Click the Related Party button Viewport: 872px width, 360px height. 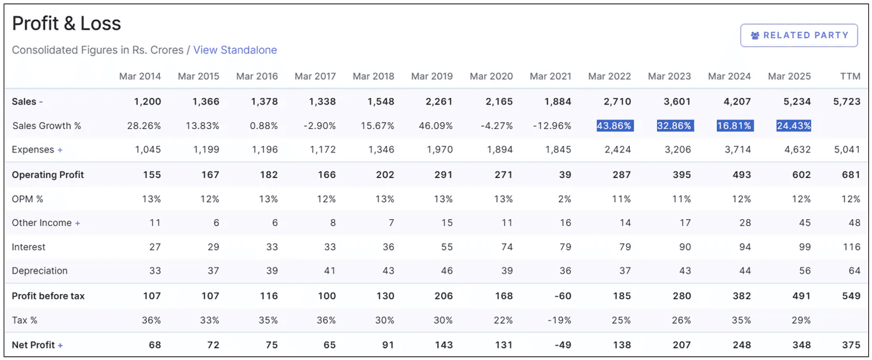[799, 36]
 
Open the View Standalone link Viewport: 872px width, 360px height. [235, 50]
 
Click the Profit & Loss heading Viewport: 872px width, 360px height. [67, 24]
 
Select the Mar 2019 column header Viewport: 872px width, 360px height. [432, 76]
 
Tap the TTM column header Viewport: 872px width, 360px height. [850, 76]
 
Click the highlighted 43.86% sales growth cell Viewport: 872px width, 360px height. [614, 126]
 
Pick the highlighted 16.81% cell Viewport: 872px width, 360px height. [734, 126]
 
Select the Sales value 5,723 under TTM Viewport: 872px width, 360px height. [846, 102]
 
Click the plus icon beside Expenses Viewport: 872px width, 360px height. [60, 150]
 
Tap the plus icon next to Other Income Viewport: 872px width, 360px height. [78, 223]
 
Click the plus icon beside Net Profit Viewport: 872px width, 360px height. [60, 345]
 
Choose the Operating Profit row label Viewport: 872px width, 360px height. [48, 175]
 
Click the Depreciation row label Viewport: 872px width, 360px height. [40, 271]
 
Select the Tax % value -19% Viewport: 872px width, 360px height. [559, 320]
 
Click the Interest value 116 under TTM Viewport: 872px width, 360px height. [851, 247]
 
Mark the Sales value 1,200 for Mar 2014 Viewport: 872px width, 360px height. [147, 102]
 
